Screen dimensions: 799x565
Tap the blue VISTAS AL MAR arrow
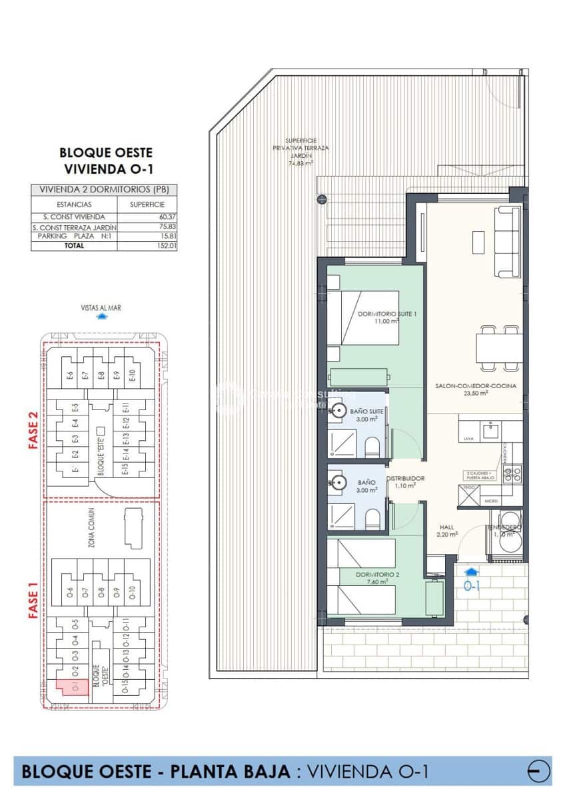[101, 317]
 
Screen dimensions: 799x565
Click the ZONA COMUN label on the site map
[91, 526]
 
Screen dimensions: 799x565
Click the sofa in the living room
[508, 241]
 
